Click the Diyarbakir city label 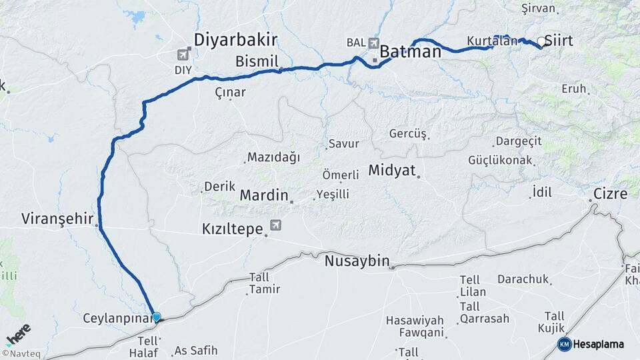(x=235, y=40)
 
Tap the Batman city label (x=411, y=52)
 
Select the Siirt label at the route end (x=559, y=41)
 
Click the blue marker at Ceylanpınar (x=156, y=317)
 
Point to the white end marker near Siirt (x=541, y=43)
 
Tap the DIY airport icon (x=184, y=54)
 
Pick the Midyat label (x=391, y=171)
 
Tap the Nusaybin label (x=357, y=261)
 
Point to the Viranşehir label (x=57, y=219)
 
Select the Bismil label (x=256, y=61)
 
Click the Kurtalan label (x=492, y=41)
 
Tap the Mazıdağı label (x=273, y=157)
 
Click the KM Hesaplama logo (x=591, y=344)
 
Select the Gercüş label (x=407, y=134)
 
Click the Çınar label (x=230, y=93)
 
